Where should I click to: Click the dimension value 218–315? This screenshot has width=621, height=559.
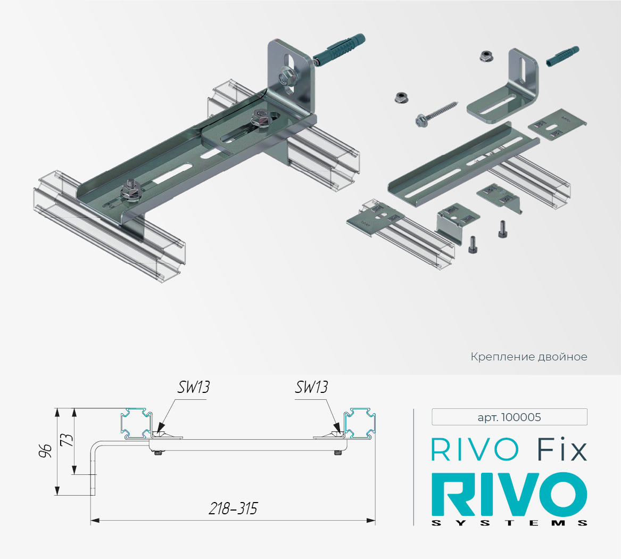(x=233, y=508)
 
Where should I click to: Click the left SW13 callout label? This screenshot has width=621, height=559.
(x=193, y=387)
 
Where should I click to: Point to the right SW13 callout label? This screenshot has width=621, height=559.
(x=311, y=387)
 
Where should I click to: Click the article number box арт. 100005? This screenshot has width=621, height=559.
(x=509, y=417)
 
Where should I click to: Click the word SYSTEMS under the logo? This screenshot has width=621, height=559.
(x=509, y=523)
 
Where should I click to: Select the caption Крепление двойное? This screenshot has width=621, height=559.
(x=529, y=357)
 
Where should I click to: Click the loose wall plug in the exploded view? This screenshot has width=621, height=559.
(x=562, y=56)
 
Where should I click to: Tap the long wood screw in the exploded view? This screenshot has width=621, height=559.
(x=437, y=112)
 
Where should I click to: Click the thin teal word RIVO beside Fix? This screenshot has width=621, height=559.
(x=475, y=450)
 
